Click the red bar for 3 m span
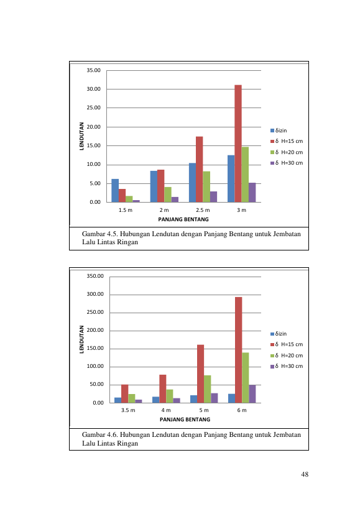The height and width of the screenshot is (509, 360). [x=238, y=144]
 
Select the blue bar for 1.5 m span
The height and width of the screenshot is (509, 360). [x=115, y=191]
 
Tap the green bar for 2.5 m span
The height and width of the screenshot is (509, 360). [x=206, y=186]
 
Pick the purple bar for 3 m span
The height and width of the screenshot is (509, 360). [x=252, y=193]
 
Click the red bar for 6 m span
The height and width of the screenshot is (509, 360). [x=238, y=350]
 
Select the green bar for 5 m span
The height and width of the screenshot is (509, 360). [x=207, y=389]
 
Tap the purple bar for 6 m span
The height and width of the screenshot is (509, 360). [x=252, y=394]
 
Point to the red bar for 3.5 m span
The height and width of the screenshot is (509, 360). [x=124, y=393]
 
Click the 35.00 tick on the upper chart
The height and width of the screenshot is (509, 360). [x=93, y=70]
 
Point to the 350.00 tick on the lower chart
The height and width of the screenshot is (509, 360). [x=95, y=276]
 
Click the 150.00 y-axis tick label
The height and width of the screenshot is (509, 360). [x=95, y=348]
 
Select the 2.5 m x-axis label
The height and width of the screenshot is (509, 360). [x=203, y=210]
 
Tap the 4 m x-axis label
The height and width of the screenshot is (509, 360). [x=166, y=410]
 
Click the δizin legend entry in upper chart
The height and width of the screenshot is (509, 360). [x=279, y=130]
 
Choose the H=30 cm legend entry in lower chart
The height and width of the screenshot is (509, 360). [x=287, y=366]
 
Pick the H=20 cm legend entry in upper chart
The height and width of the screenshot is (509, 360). [x=287, y=152]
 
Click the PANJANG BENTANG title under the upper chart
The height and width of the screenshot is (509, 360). [x=183, y=219]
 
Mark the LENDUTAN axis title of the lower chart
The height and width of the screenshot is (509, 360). [x=81, y=339]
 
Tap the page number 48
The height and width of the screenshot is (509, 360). [x=305, y=474]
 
